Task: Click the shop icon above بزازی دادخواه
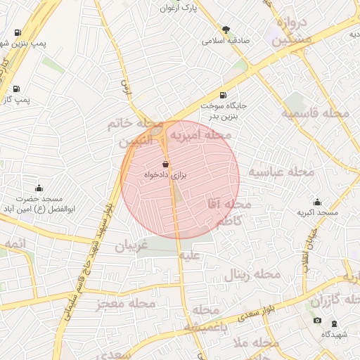point(165,163)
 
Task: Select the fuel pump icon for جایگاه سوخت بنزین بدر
point(224,95)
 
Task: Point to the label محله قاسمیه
point(316,112)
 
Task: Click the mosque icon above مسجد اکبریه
point(317,202)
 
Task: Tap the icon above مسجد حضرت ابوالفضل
point(39,188)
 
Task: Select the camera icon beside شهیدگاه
point(317,321)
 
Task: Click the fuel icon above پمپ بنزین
point(17,32)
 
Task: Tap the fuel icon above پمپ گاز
point(16,89)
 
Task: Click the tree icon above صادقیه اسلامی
point(226,29)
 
